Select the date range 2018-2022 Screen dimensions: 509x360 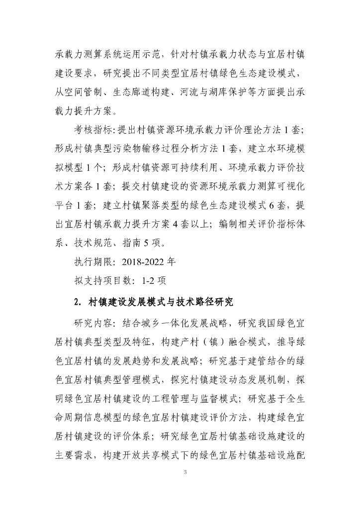(x=132, y=259)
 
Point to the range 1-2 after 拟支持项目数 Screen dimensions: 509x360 (x=148, y=280)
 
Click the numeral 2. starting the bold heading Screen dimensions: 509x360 (x=77, y=301)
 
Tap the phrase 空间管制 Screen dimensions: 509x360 (x=92, y=92)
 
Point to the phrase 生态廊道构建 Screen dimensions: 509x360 (x=149, y=92)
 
